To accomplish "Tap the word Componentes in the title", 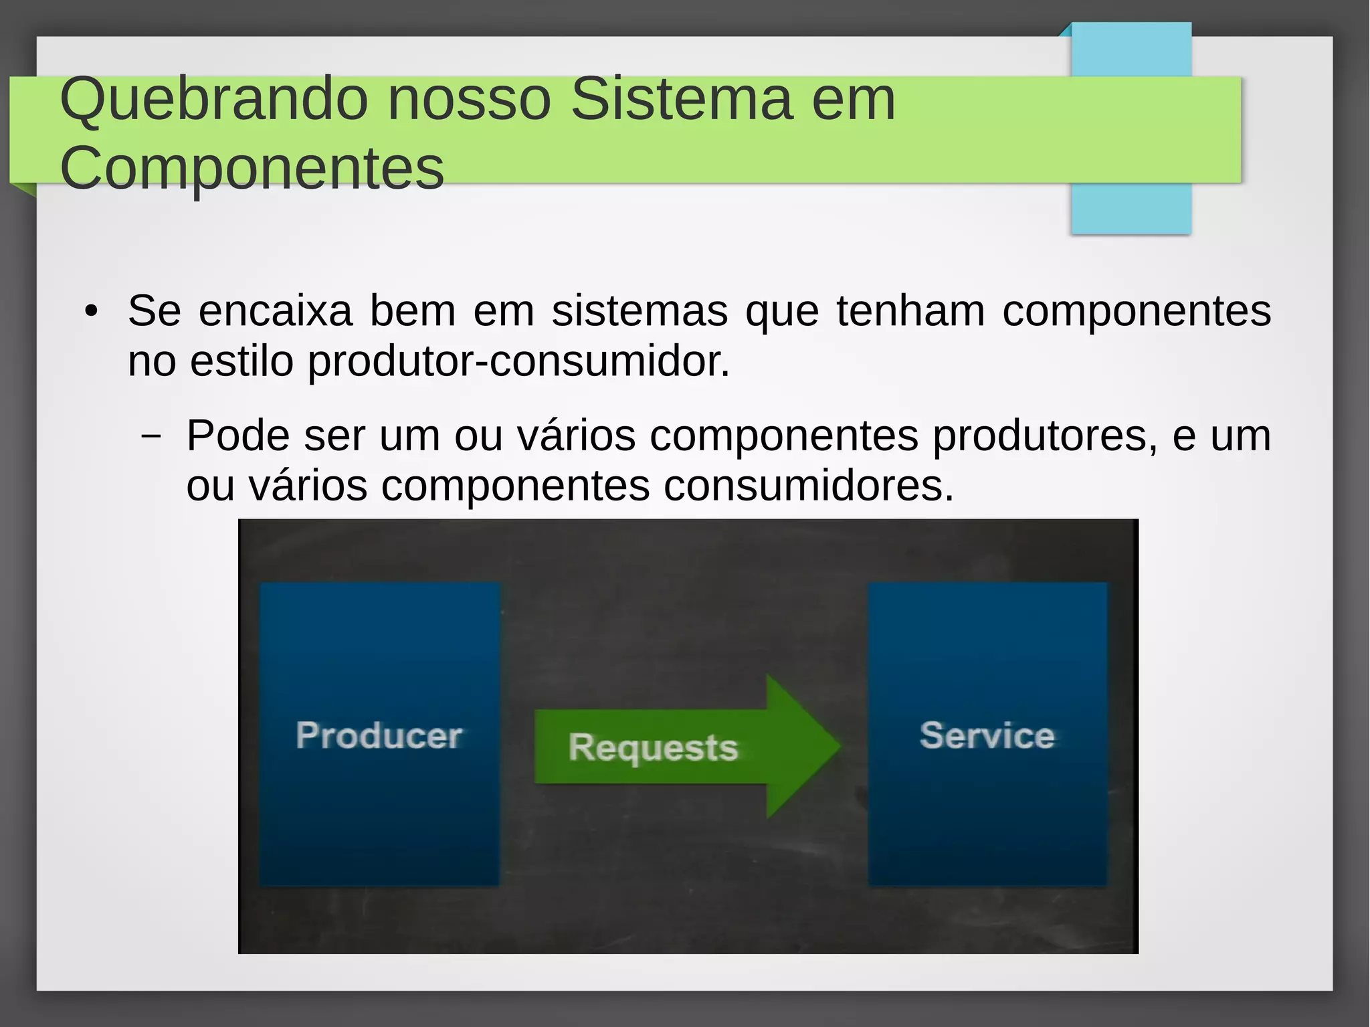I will coord(252,169).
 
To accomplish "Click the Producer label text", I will coord(379,735).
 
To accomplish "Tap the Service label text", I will coord(987,735).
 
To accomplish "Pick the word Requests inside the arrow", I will coord(653,747).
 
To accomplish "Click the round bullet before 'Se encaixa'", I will coord(92,312).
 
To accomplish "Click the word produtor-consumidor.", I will coord(518,361).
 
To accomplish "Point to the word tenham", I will coord(910,311).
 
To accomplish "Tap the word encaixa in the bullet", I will coord(276,311).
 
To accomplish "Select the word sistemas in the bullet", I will coord(640,311).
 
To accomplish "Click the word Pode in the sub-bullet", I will coord(237,436).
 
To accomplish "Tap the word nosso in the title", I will coord(469,100).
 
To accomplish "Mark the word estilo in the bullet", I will coord(241,361).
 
